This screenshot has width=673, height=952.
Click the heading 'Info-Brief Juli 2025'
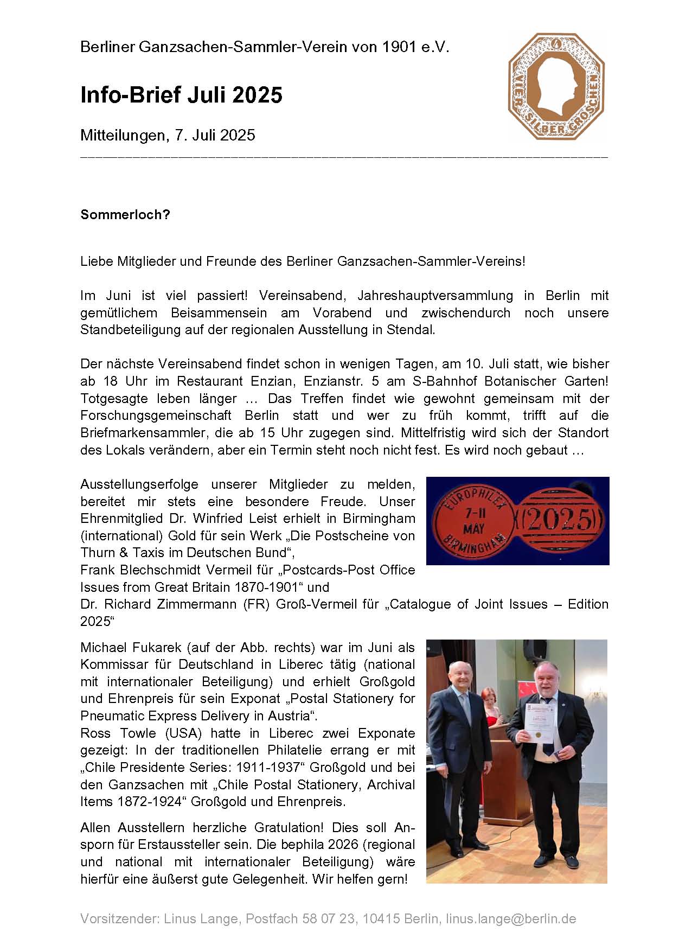pyautogui.click(x=181, y=95)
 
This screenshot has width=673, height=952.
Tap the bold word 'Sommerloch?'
pyautogui.click(x=125, y=215)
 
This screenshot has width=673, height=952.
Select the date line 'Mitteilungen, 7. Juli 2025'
pyautogui.click(x=168, y=135)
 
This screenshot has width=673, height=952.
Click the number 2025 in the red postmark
pyautogui.click(x=560, y=519)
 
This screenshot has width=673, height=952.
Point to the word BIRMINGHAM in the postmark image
pyautogui.click(x=475, y=545)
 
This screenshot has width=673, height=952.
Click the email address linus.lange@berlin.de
pyautogui.click(x=511, y=918)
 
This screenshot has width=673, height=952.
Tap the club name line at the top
pyautogui.click(x=265, y=47)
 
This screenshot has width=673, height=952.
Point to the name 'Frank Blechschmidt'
pyautogui.click(x=142, y=570)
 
